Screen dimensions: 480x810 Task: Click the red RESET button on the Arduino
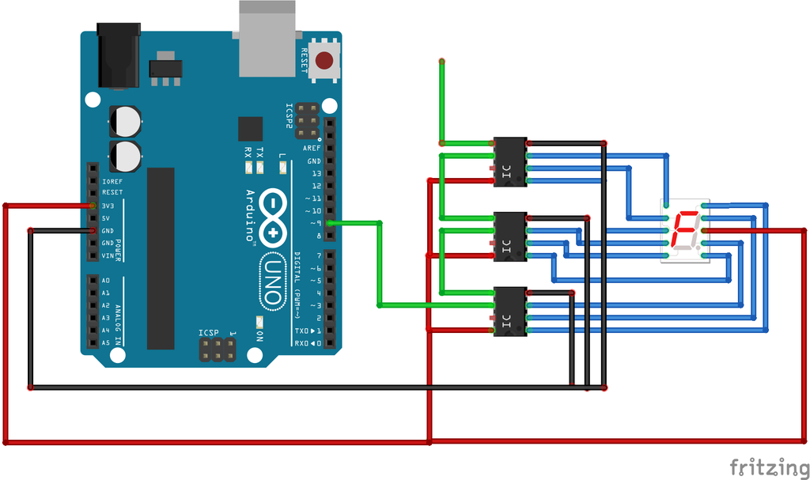pyautogui.click(x=324, y=60)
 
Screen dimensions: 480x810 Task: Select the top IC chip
pyautogui.click(x=510, y=162)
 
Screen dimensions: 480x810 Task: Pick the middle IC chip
pyautogui.click(x=510, y=236)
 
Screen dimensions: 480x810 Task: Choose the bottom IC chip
pyautogui.click(x=510, y=311)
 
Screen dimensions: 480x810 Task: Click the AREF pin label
pyautogui.click(x=312, y=148)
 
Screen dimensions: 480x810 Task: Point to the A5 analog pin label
pyautogui.click(x=106, y=342)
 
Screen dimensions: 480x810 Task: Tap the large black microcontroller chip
pyautogui.click(x=161, y=258)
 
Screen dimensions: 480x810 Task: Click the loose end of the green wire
pyautogui.click(x=441, y=61)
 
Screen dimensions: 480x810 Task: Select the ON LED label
pyautogui.click(x=260, y=334)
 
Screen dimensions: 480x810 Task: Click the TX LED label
pyautogui.click(x=260, y=151)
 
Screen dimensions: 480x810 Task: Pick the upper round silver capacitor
pyautogui.click(x=125, y=122)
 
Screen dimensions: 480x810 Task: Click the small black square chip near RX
pyautogui.click(x=250, y=128)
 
